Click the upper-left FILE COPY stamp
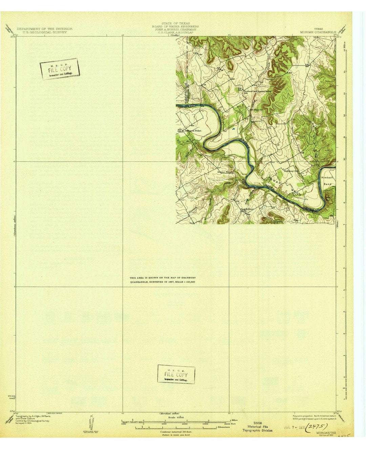(x=60, y=70)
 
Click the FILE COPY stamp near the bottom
(x=176, y=374)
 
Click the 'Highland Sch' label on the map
(x=291, y=171)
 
